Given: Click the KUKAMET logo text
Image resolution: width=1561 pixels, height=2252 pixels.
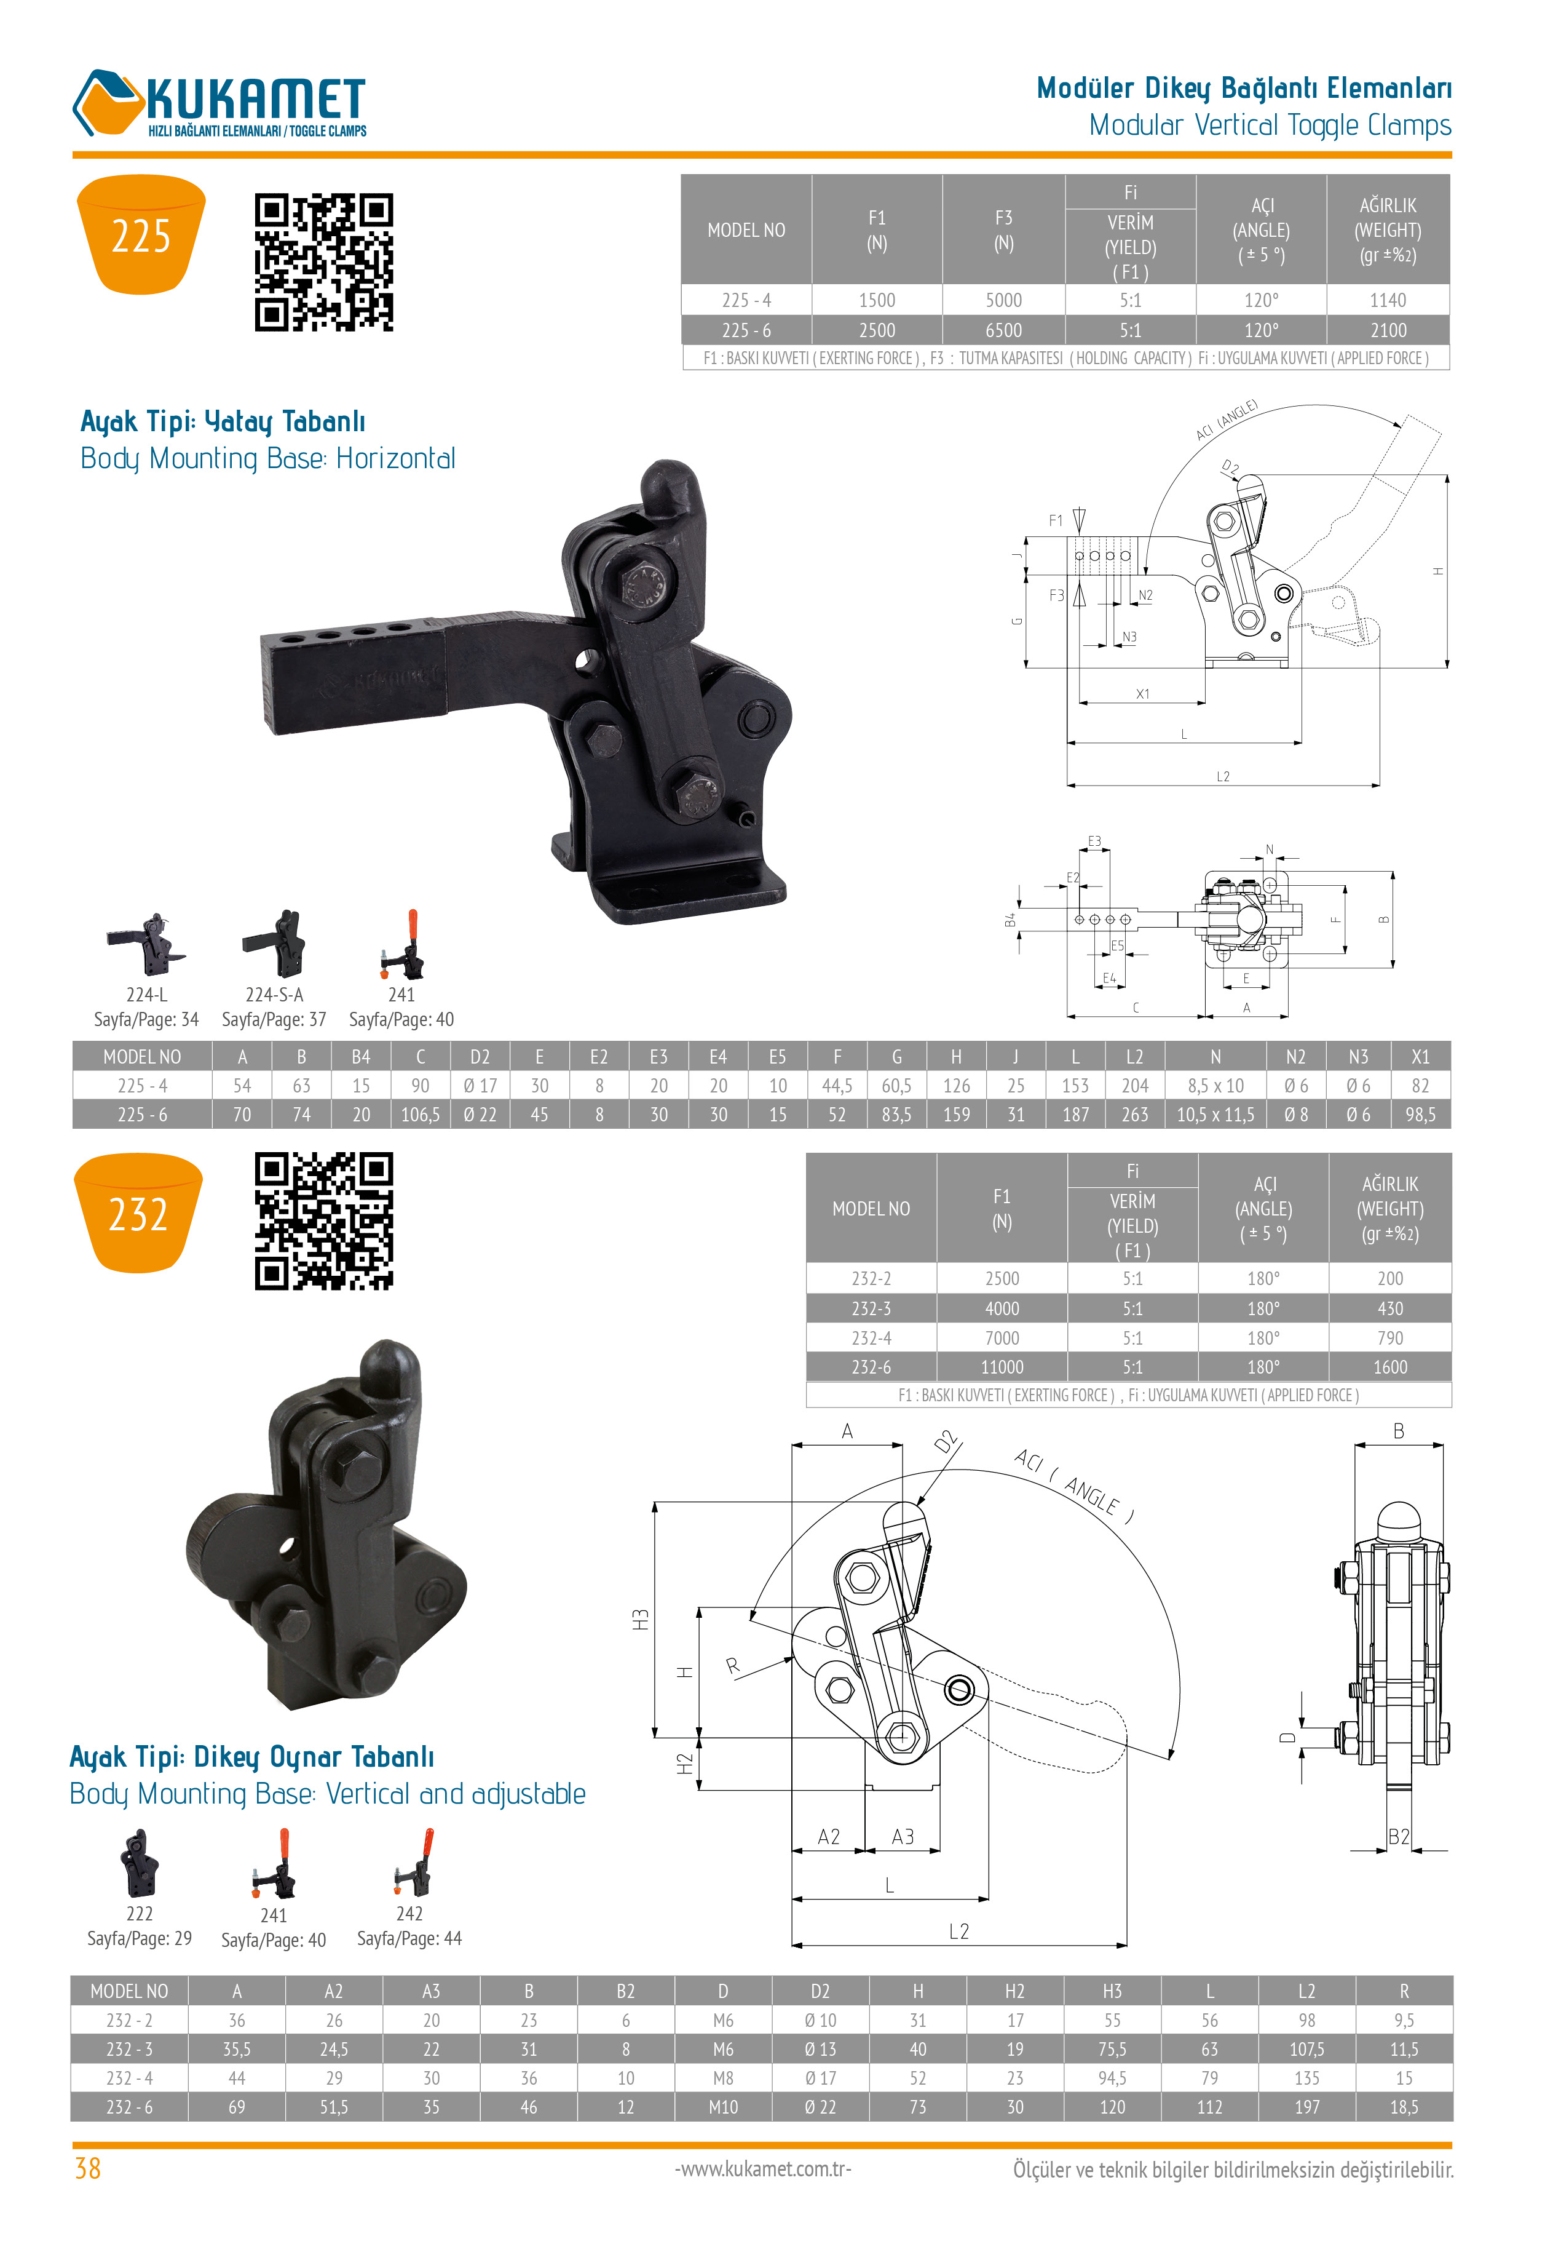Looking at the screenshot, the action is tap(256, 99).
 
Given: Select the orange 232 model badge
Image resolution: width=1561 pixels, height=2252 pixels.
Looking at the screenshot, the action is tap(138, 1213).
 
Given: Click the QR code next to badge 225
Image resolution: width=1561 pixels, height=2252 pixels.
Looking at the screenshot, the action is tap(324, 262).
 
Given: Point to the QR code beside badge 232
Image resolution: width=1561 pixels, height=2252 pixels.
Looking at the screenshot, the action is tap(324, 1221).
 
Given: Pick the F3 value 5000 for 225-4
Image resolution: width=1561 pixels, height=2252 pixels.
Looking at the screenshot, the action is tap(1003, 300).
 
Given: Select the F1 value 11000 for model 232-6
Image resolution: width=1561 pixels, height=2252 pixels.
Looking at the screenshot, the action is tap(1002, 1367).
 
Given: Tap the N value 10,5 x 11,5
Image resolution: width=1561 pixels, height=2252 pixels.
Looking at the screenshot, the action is tap(1215, 1114).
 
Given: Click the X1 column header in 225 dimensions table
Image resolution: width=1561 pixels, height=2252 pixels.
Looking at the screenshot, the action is tap(1420, 1057).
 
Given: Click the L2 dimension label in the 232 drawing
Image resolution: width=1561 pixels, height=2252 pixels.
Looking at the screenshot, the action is tap(958, 1931).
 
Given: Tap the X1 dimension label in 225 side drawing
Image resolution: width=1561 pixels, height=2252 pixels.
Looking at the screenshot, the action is tap(1142, 694).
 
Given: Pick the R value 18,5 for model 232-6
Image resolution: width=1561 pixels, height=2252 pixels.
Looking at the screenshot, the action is tap(1404, 2106).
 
